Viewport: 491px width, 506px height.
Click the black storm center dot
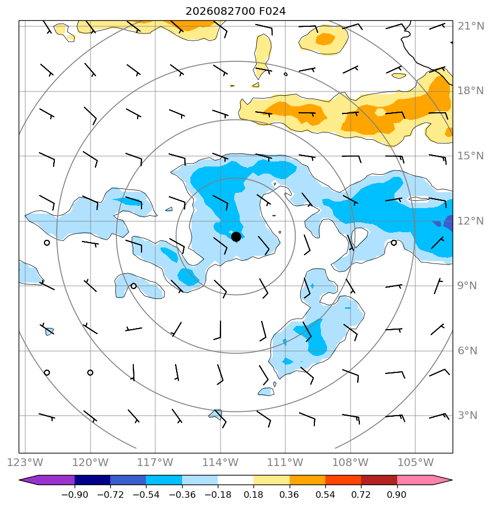(236, 237)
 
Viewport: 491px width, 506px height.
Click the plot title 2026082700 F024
(236, 12)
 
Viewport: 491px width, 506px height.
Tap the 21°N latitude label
(471, 26)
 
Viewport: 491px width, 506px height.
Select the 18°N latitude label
(471, 91)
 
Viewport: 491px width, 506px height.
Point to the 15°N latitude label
(471, 156)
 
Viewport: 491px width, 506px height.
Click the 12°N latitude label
(471, 221)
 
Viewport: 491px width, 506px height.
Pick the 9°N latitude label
(467, 286)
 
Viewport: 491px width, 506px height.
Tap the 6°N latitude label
(467, 351)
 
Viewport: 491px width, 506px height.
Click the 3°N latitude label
(467, 415)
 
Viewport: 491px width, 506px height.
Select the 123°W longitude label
(25, 462)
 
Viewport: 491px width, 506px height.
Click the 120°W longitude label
(90, 462)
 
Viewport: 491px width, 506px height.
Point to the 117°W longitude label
(155, 462)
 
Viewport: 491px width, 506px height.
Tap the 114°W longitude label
(221, 462)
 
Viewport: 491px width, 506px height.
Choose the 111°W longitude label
(285, 462)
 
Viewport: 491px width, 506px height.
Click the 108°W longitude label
(351, 462)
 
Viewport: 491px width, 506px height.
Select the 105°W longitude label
(415, 462)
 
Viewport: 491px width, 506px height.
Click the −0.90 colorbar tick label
(75, 495)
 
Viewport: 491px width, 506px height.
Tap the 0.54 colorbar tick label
(325, 495)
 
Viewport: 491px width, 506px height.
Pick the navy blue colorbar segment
(93, 480)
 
